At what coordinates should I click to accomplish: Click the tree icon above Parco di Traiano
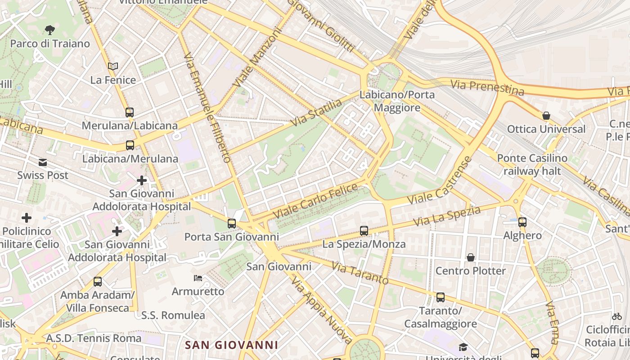click(50, 30)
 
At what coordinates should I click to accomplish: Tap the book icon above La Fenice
click(113, 66)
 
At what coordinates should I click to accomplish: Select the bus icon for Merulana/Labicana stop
click(130, 112)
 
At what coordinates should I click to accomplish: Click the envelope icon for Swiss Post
click(43, 162)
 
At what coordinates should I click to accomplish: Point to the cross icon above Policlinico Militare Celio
click(27, 218)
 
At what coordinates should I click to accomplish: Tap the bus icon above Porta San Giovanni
click(232, 223)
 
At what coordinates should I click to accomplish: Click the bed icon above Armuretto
click(198, 278)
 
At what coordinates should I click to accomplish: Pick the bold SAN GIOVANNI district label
click(231, 345)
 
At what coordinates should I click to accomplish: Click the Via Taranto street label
click(360, 273)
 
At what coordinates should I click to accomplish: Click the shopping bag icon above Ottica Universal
click(546, 116)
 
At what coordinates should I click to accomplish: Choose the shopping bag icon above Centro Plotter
click(470, 257)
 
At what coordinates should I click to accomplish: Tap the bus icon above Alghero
click(522, 222)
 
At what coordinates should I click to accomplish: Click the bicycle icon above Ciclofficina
click(617, 316)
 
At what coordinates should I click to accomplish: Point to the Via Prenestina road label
click(487, 87)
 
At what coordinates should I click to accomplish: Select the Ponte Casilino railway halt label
click(532, 165)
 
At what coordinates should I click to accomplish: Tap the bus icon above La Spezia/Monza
click(364, 231)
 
